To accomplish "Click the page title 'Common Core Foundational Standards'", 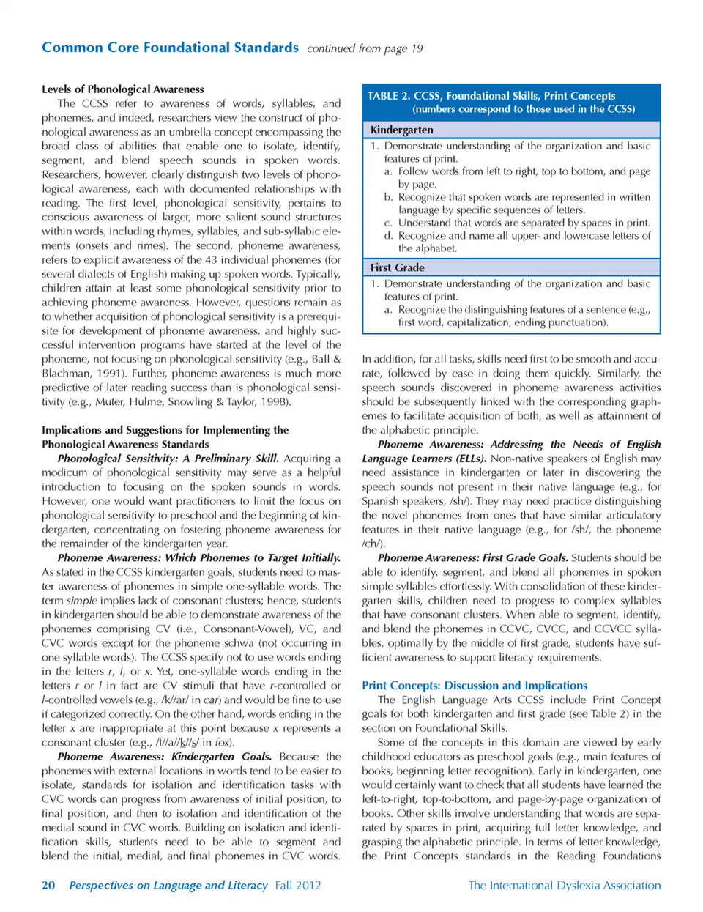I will tap(170, 48).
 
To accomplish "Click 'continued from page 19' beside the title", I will tap(365, 48).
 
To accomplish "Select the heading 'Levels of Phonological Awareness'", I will tap(122, 89).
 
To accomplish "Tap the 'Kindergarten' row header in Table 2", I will tap(401, 130).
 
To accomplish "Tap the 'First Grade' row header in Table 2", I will tap(397, 267).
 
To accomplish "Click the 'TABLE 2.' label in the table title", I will tap(388, 96).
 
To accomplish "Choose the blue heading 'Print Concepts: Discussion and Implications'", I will tap(474, 685).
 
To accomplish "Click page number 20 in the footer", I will tap(48, 885).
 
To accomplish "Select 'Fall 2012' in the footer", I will tap(298, 885).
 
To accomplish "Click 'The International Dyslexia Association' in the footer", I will tap(564, 885).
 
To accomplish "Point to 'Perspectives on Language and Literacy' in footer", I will tap(168, 885).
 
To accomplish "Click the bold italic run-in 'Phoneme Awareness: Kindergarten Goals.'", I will tap(165, 756).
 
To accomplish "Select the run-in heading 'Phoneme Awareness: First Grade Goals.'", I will tap(472, 557).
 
